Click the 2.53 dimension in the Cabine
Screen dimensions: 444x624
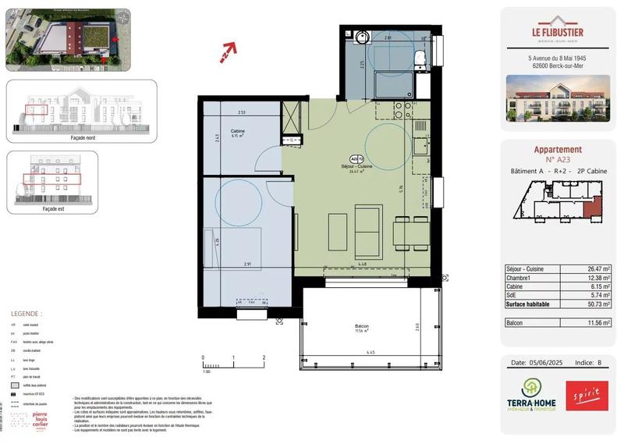click(242, 112)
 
